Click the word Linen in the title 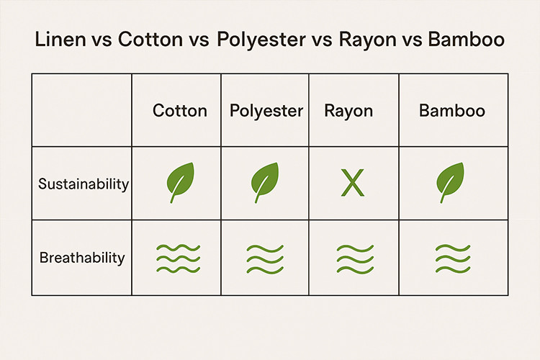(60, 39)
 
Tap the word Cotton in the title (150, 39)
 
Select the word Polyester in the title (261, 40)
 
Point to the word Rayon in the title (368, 40)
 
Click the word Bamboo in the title (467, 39)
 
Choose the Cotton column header (180, 111)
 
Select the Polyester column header (266, 112)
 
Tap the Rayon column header (348, 112)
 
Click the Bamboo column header (452, 111)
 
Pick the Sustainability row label (84, 184)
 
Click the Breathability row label (82, 257)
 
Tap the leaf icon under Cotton (180, 182)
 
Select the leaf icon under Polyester (264, 182)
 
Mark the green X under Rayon (352, 183)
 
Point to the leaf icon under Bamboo (450, 182)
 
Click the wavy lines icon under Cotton (178, 258)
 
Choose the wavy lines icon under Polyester (265, 259)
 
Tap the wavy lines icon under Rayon (355, 259)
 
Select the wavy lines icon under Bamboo (453, 258)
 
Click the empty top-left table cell (81, 110)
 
